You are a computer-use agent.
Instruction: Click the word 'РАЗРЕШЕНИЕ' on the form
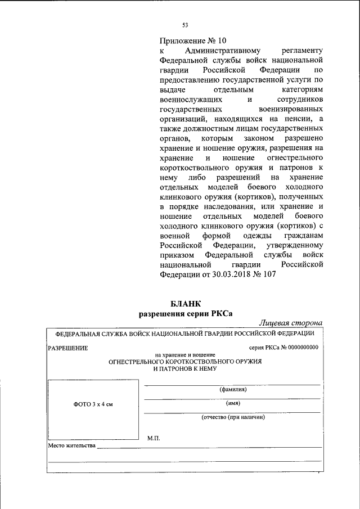(x=68, y=348)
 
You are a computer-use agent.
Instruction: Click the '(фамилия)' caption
(x=233, y=389)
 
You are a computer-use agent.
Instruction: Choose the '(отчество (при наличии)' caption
(x=233, y=417)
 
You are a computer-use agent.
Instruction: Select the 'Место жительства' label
(x=71, y=446)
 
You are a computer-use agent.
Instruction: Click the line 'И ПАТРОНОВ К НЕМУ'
(x=185, y=368)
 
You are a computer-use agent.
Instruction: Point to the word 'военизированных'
(x=290, y=109)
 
